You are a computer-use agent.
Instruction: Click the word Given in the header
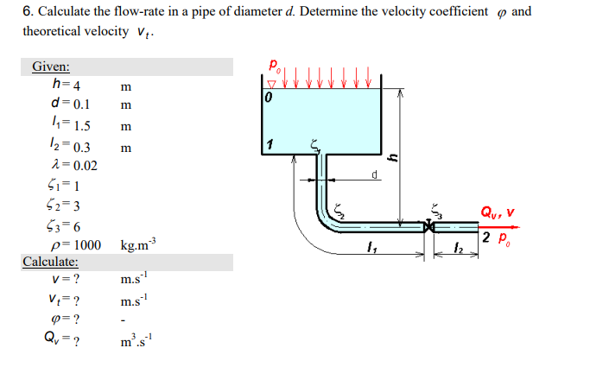coord(51,67)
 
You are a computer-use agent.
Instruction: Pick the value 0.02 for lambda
coord(86,166)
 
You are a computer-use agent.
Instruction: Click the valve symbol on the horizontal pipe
coord(427,227)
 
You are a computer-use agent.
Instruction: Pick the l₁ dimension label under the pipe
coord(371,250)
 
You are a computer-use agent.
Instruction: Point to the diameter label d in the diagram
coord(375,174)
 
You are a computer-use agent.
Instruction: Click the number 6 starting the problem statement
coord(27,13)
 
